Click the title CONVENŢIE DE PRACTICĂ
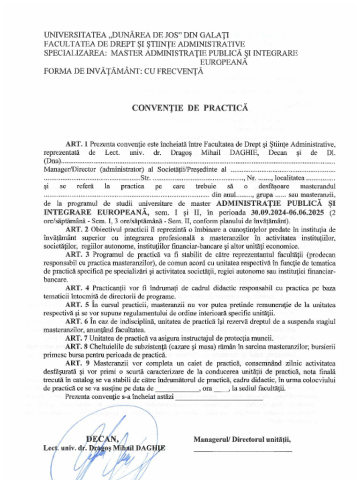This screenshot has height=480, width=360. (x=189, y=108)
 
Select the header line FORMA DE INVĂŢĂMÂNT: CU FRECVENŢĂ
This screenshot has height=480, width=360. (x=124, y=72)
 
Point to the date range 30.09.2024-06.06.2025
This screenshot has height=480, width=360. (x=286, y=212)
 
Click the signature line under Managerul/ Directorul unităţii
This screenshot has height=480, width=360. (x=243, y=450)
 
